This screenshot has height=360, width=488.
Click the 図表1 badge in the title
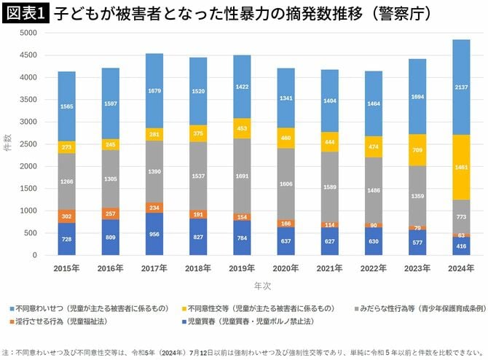coord(24,12)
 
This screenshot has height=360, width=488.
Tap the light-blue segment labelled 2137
coord(460,87)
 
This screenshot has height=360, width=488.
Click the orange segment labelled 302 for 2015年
coord(67,216)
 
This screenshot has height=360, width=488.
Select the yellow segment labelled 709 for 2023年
coord(416,150)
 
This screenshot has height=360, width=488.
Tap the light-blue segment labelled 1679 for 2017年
coord(154,91)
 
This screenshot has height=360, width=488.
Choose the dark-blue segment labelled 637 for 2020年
coord(286,241)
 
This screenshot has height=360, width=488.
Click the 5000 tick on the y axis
coord(27,33)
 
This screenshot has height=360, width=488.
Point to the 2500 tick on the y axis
coord(27,144)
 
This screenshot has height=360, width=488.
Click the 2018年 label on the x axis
coord(198,269)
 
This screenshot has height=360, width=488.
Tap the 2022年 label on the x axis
coord(372,269)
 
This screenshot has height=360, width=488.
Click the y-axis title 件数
coord(7,144)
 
